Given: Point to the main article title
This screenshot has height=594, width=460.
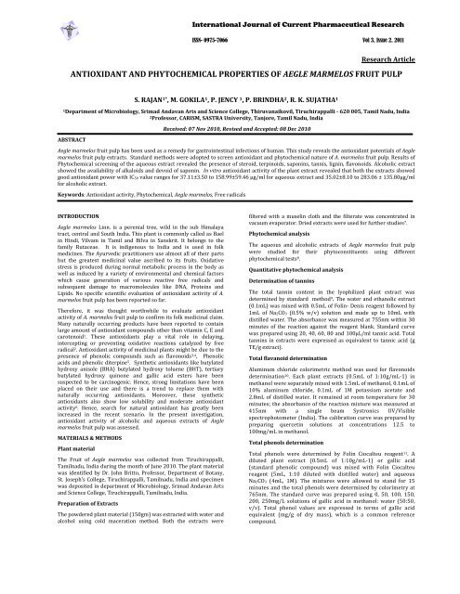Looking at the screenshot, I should point(230,70).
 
